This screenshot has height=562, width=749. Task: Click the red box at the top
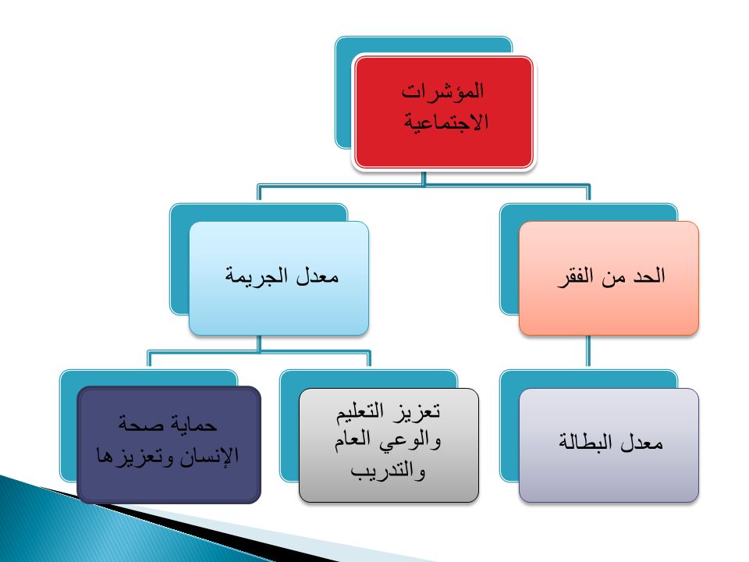click(443, 112)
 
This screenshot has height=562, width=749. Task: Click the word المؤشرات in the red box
click(442, 91)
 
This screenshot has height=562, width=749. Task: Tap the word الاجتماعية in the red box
click(446, 122)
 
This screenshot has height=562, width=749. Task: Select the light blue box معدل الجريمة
click(279, 278)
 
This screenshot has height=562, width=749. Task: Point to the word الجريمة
click(257, 276)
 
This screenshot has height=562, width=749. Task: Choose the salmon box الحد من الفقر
click(609, 278)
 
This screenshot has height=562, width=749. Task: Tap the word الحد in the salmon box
click(649, 276)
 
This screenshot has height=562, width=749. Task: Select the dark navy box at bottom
click(169, 444)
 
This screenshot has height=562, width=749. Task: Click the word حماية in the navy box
click(194, 424)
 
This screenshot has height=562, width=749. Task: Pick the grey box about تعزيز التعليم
click(389, 445)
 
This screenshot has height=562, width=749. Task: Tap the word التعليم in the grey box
click(360, 411)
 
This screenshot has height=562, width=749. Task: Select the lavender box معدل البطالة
click(609, 445)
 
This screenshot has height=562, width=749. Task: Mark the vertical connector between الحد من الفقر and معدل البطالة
click(588, 350)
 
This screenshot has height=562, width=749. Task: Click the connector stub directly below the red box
click(424, 177)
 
